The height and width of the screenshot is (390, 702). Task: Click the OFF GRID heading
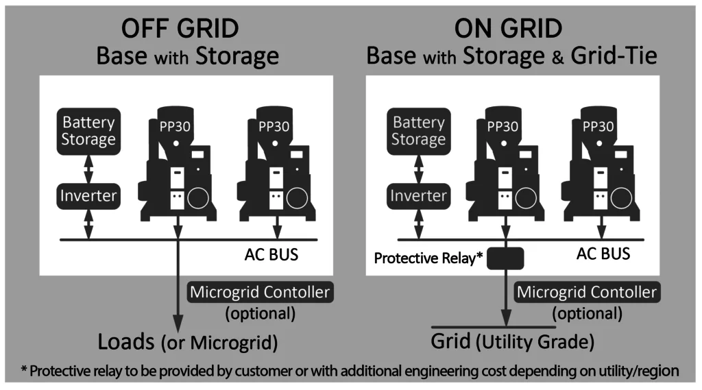[180, 29]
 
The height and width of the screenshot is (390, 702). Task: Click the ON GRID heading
[508, 29]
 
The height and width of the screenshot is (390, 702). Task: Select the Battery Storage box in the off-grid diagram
[88, 131]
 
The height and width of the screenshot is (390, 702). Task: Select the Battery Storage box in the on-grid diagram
[419, 131]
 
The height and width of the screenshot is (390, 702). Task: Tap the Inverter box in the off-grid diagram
[88, 196]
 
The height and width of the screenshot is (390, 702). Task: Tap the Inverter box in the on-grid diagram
[419, 196]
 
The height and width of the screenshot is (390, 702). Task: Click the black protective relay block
[505, 258]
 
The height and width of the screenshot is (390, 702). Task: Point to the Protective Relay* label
[428, 258]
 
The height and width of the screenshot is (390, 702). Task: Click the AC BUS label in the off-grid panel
[271, 254]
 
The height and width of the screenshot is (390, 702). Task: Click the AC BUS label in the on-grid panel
[603, 254]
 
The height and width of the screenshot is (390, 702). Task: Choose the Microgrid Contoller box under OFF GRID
[260, 292]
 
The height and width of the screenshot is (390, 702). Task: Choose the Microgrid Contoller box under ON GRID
[587, 292]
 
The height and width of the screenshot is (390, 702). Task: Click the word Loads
[126, 341]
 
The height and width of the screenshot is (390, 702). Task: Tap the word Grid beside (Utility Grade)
[450, 341]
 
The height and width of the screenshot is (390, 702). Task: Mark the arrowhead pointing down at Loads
[178, 324]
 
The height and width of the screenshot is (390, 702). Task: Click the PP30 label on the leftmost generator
[175, 127]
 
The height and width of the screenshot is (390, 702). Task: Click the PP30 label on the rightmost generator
[598, 127]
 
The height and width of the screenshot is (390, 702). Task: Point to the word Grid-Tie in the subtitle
[614, 56]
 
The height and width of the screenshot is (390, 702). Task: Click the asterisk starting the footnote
[24, 369]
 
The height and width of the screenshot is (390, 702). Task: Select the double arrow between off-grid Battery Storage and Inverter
[88, 169]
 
